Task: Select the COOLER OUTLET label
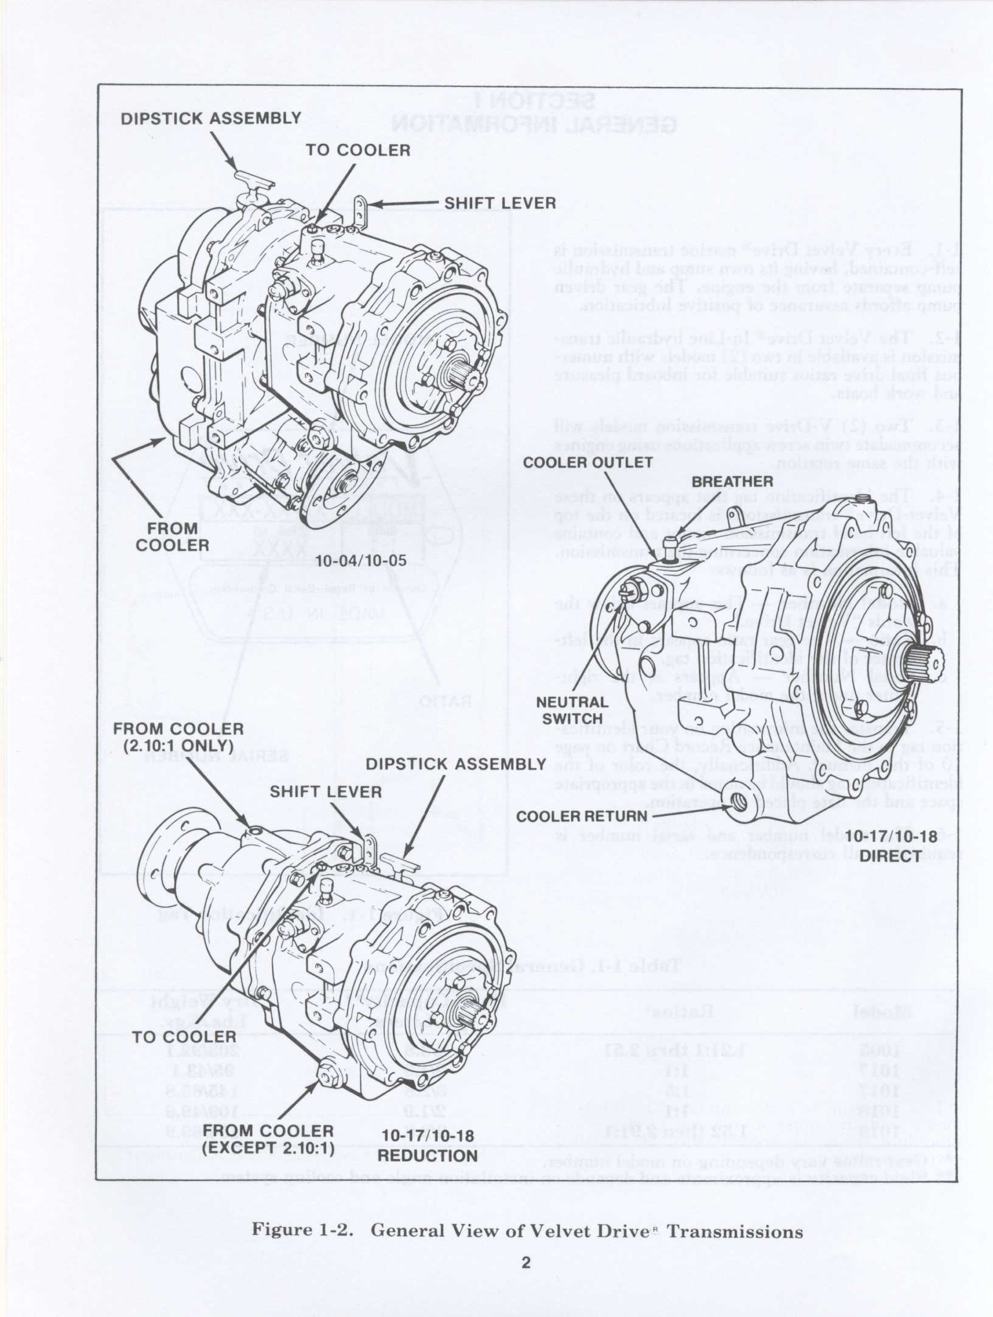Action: [x=588, y=463]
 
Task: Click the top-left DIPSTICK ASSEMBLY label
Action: [x=211, y=118]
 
